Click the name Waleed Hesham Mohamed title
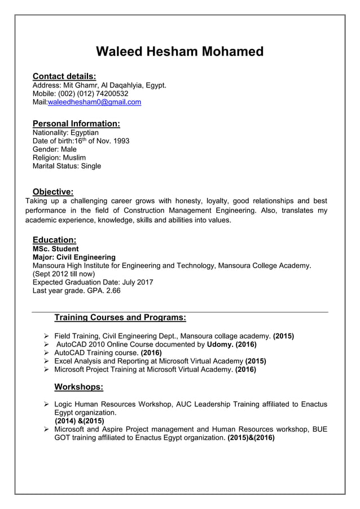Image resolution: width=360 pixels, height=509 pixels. tap(180, 52)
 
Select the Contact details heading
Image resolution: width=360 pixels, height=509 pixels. tap(64, 76)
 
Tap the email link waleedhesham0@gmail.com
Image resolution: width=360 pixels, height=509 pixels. tap(94, 102)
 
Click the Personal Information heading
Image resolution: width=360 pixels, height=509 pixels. tap(76, 124)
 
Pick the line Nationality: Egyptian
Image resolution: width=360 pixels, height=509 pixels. tap(65, 133)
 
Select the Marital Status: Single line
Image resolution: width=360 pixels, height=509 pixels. tap(67, 166)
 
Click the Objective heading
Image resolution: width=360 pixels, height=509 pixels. tap(53, 191)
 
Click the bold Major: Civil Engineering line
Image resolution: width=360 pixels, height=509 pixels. tap(74, 257)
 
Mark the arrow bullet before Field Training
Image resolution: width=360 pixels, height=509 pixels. tap(47, 335)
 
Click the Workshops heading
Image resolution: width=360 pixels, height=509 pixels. tap(78, 387)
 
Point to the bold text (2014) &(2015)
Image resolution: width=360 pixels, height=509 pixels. tap(80, 420)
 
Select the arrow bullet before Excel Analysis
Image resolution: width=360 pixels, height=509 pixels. tap(47, 361)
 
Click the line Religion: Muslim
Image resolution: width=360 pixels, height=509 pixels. tap(59, 157)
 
